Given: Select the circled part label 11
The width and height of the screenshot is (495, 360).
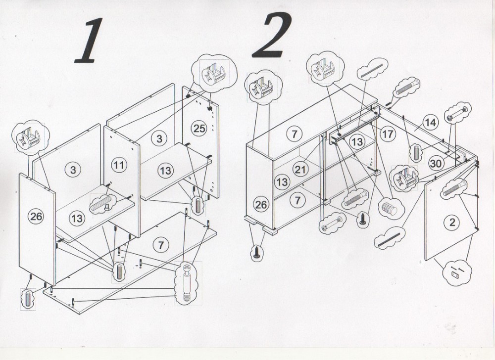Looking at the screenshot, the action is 119,165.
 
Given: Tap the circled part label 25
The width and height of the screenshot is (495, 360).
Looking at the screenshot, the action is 199,128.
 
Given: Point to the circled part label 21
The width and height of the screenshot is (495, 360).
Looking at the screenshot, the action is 300,169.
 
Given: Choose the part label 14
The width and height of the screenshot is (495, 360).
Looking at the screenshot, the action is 431,122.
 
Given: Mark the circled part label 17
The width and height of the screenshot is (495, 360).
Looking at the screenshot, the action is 388,134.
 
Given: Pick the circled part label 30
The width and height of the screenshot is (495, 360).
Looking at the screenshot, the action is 436,163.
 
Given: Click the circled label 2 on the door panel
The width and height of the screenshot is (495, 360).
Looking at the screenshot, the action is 452,222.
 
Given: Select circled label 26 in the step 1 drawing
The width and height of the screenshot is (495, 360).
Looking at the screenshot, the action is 36,216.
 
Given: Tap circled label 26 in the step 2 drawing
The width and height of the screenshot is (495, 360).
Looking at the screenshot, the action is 261,205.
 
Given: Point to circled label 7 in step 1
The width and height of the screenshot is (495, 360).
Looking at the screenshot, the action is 161,245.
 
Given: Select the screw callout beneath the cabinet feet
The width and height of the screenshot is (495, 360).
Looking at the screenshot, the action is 256,253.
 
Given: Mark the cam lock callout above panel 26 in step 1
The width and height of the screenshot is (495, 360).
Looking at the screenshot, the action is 30,137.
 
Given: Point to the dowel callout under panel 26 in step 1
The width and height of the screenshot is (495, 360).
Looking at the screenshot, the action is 28,299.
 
